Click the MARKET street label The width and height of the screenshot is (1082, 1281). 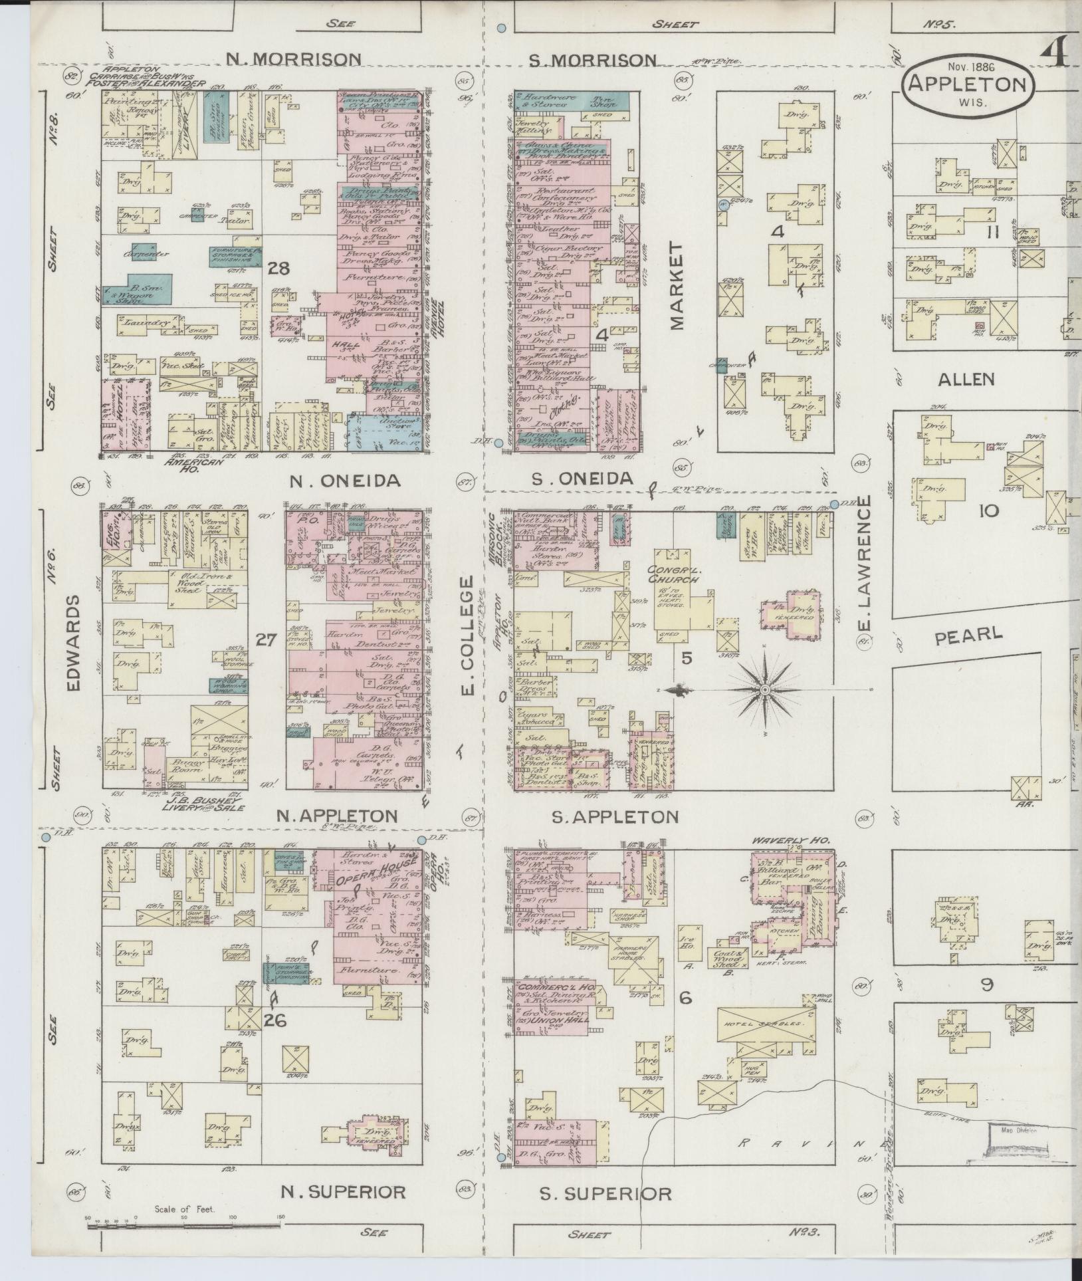[677, 285]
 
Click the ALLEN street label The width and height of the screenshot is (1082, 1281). [966, 380]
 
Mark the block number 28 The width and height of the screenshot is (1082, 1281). [279, 269]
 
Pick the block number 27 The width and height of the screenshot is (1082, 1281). [266, 640]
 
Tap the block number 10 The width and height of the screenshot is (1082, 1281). [988, 511]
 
